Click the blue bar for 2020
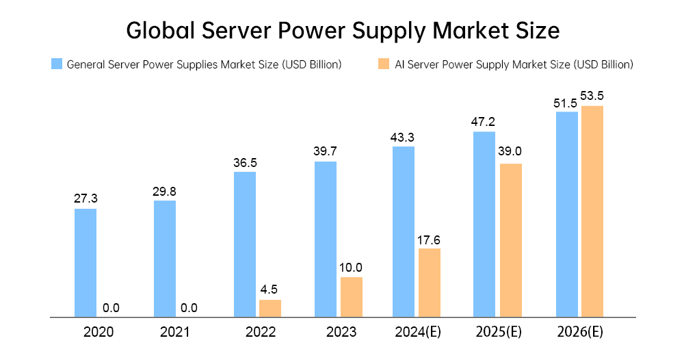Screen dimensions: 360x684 (85, 263)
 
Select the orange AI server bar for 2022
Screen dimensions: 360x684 (269, 309)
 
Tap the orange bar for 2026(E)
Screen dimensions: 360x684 (592, 211)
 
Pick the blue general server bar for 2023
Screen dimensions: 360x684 (326, 240)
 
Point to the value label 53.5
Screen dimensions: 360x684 (592, 95)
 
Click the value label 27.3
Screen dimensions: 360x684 (85, 198)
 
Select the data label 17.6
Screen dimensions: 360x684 (430, 239)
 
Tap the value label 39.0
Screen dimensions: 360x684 (510, 153)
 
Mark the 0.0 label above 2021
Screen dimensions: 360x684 (189, 308)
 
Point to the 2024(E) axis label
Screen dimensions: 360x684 (419, 333)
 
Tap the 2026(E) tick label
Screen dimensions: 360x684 (580, 333)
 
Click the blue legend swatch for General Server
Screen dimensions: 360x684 (57, 64)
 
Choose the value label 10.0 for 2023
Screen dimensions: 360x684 (352, 268)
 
